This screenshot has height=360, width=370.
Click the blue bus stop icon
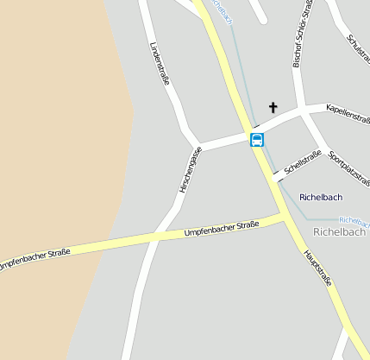coord(257,139)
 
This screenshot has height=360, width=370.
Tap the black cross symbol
coord(273,108)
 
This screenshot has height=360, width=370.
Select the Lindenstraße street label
coord(160,65)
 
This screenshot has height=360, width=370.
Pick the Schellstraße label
coord(302,160)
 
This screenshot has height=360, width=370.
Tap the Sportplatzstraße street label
coord(349,169)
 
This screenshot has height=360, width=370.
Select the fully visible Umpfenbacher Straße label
coord(222,229)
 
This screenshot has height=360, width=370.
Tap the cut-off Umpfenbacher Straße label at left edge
coord(34,257)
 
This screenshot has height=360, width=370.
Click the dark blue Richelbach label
coord(321,198)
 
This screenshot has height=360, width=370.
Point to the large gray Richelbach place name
coord(339,231)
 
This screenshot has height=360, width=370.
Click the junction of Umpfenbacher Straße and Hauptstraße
coord(284,216)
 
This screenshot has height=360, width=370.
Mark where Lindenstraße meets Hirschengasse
coord(198,144)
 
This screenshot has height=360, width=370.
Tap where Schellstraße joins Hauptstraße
coord(275,175)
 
